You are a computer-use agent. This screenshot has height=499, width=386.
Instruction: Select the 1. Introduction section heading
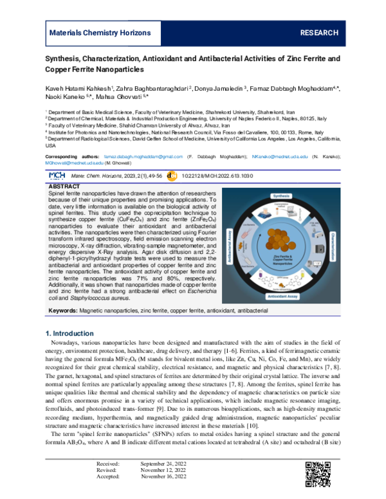(x=71, y=333)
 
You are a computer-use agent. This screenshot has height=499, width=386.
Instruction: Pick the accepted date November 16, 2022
(x=164, y=494)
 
